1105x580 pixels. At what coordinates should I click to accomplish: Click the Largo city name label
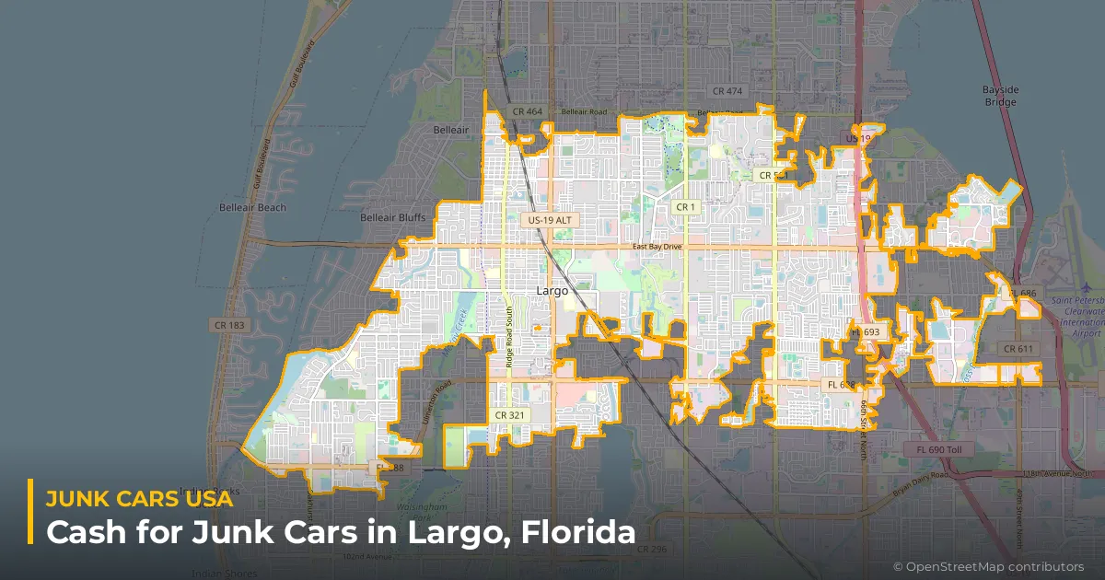(x=552, y=291)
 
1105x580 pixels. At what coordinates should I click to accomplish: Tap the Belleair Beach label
(x=252, y=208)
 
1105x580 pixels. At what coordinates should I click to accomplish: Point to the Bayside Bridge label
(x=999, y=96)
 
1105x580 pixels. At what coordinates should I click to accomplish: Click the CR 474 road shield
(x=727, y=90)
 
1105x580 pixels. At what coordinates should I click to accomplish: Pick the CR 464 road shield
(x=528, y=111)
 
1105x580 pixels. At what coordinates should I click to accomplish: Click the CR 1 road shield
(x=685, y=207)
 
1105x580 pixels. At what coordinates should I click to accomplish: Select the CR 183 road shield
(x=229, y=325)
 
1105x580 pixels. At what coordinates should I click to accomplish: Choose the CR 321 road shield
(x=509, y=415)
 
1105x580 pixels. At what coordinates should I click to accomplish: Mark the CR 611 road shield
(x=1018, y=349)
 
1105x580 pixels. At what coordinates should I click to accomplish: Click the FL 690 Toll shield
(x=937, y=449)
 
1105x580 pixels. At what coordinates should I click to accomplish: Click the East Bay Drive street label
(x=657, y=247)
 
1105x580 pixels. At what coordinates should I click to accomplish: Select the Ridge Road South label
(x=509, y=342)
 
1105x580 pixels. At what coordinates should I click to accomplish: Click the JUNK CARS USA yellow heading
(x=139, y=501)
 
